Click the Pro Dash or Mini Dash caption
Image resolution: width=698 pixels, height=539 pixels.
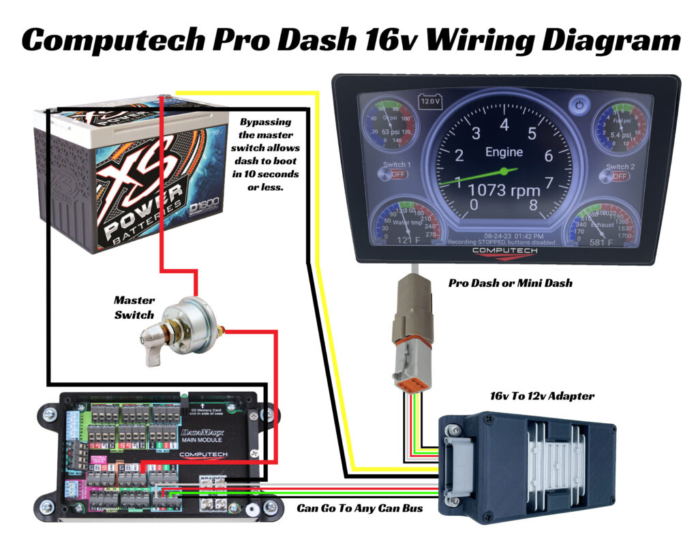click(x=510, y=283)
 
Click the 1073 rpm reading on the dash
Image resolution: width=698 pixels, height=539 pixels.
click(x=504, y=189)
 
